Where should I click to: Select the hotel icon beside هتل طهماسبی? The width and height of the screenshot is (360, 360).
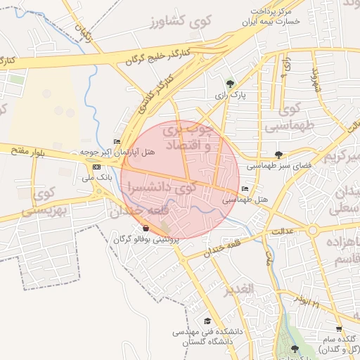pyautogui.click(x=245, y=189)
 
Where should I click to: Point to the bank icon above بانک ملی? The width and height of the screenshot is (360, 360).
pyautogui.click(x=96, y=167)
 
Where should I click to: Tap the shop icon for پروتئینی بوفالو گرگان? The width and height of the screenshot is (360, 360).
pyautogui.click(x=145, y=229)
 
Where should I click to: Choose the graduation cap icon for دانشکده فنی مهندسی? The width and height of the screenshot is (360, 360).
pyautogui.click(x=207, y=321)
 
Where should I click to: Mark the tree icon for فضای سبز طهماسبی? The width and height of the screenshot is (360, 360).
pyautogui.click(x=279, y=155)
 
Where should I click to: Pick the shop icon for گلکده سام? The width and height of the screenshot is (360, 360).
pyautogui.click(x=339, y=329)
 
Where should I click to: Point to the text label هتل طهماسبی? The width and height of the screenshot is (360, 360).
pyautogui.click(x=246, y=200)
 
